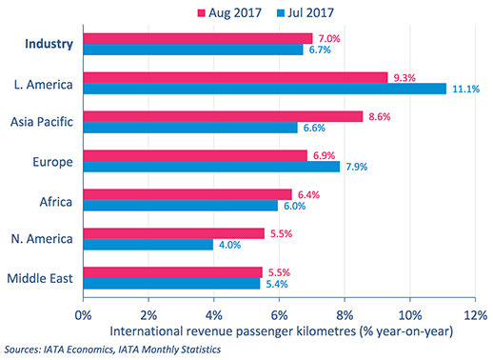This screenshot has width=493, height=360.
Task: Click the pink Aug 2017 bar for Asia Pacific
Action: [224, 115]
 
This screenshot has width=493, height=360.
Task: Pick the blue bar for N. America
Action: [148, 245]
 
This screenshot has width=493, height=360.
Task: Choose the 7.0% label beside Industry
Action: [328, 37]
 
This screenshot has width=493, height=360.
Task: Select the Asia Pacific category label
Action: [41, 121]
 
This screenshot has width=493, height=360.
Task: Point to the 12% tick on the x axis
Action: [475, 313]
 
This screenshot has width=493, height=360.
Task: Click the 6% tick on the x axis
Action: [279, 313]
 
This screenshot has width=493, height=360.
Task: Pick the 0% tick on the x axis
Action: [83, 313]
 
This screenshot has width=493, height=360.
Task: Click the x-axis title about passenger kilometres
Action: [280, 331]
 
